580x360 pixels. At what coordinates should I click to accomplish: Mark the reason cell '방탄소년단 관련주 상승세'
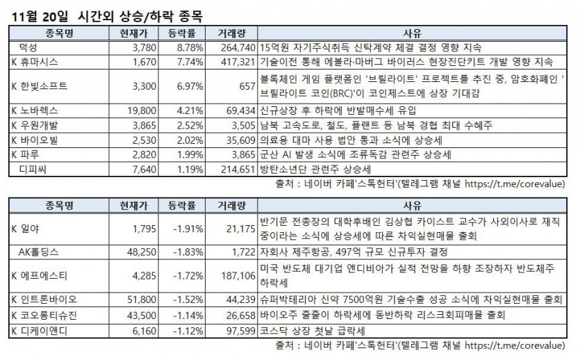315,168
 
